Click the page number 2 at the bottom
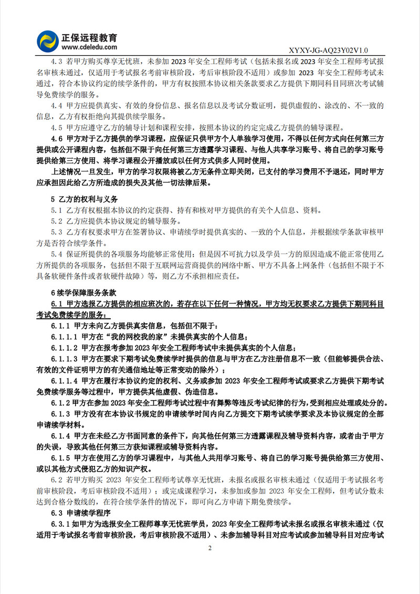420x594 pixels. (x=210, y=549)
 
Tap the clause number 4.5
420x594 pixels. (x=57, y=127)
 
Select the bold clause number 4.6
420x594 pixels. (x=57, y=139)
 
